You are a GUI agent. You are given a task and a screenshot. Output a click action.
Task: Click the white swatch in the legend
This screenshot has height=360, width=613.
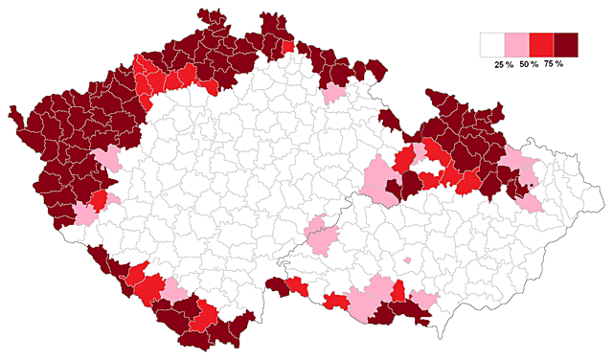[x=492, y=45]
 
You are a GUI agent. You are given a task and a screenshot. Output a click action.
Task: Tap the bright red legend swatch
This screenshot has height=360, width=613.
[x=541, y=45]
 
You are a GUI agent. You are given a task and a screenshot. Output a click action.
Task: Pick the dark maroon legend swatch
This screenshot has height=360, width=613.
[x=566, y=45]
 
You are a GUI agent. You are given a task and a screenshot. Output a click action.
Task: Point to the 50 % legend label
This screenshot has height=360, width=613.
[x=529, y=64]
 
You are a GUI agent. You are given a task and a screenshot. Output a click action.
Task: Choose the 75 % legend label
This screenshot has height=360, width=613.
[x=554, y=64]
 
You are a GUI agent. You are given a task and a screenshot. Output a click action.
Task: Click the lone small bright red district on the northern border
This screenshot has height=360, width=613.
[x=288, y=46]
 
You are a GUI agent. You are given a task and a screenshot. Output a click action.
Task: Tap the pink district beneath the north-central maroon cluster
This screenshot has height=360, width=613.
[x=333, y=93]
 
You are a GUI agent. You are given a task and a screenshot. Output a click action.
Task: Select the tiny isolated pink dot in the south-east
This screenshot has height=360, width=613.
[x=408, y=259]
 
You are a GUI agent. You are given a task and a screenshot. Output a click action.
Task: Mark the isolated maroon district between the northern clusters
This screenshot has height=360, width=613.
[x=389, y=120]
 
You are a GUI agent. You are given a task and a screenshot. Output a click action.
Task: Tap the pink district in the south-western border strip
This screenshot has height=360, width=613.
[x=175, y=289]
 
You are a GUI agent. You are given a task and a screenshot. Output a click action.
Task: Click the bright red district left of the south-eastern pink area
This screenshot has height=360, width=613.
[x=334, y=302]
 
